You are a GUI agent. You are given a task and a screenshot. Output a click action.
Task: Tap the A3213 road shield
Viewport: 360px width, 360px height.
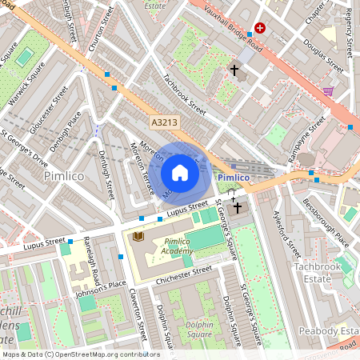(x=164, y=122)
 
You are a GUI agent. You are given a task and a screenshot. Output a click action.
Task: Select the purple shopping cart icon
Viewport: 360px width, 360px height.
(x=328, y=91)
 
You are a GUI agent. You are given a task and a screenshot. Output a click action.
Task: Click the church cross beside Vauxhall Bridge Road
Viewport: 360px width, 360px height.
(x=234, y=70)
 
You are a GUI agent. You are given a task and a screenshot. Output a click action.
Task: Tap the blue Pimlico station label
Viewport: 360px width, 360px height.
(x=234, y=176)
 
